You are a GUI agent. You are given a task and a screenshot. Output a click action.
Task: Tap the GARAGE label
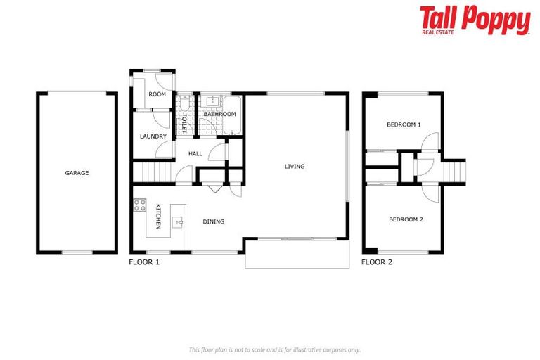click(x=77, y=173)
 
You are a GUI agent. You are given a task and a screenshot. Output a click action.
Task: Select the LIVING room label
click(x=295, y=167)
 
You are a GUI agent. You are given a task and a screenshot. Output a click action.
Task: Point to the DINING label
click(x=214, y=222)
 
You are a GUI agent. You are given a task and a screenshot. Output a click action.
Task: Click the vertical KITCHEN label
click(x=158, y=216)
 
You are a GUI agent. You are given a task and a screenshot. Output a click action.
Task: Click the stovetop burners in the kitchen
click(x=139, y=207)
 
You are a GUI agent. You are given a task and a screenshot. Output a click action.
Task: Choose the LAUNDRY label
click(x=153, y=136)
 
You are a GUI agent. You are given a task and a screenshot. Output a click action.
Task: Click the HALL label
click(x=195, y=153)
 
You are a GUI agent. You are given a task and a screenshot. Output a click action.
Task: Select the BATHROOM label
click(x=219, y=114)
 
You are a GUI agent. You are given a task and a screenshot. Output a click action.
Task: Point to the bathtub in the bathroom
click(x=236, y=113)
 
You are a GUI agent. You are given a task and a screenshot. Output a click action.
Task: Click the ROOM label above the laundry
click(x=157, y=94)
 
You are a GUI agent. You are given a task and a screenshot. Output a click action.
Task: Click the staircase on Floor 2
click(x=454, y=170)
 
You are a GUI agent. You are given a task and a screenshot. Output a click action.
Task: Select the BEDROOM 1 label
click(x=404, y=124)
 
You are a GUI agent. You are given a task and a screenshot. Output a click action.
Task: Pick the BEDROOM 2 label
click(x=406, y=219)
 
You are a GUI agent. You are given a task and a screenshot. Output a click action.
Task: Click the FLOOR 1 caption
click(x=144, y=262)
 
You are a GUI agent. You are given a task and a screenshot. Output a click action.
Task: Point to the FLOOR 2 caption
click(x=377, y=262)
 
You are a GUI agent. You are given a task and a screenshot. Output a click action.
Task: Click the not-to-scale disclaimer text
click(x=274, y=349)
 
